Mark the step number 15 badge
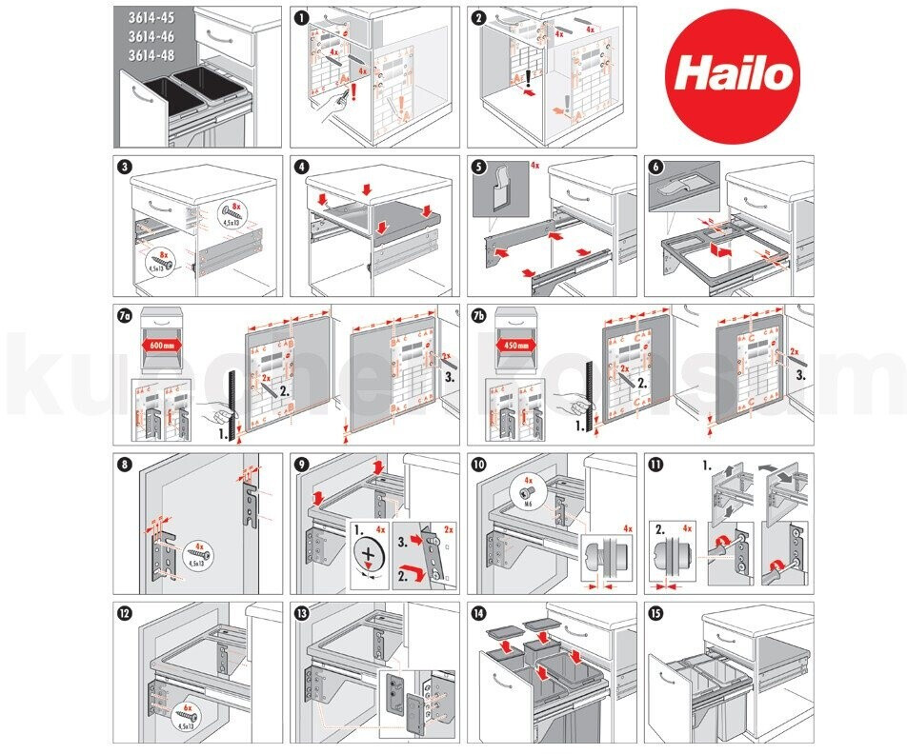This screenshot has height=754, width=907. tap(656, 615)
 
